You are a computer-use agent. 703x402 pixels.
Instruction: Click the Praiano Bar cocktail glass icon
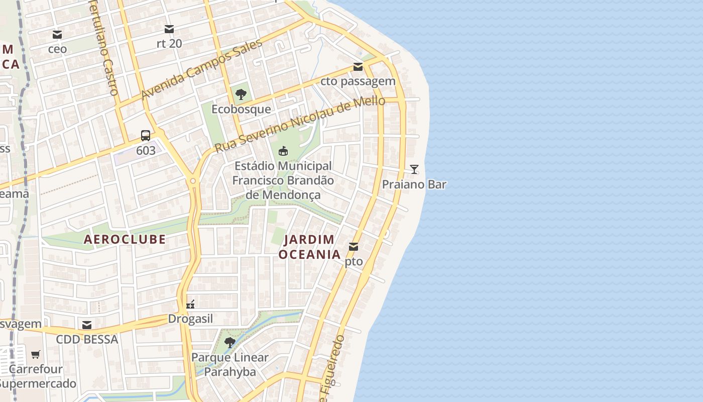[414, 169]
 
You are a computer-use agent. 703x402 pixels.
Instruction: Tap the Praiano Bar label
[414, 184]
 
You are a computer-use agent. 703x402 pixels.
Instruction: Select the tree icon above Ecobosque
[241, 94]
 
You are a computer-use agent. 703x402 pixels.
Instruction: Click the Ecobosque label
[241, 109]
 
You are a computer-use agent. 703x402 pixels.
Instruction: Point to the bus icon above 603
[146, 135]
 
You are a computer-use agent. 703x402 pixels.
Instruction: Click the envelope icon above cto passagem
[358, 66]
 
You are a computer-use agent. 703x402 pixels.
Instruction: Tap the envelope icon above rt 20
[169, 29]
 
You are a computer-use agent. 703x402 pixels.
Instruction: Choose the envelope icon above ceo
[57, 35]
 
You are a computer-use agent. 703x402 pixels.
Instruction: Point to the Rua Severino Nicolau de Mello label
[300, 125]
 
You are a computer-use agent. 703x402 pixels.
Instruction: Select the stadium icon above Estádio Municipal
[283, 151]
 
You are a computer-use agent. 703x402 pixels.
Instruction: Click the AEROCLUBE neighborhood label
[125, 239]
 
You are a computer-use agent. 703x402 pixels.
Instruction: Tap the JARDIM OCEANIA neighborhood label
[309, 247]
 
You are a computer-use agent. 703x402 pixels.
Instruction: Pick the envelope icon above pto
[354, 247]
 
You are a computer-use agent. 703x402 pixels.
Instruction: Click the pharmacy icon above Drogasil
[190, 304]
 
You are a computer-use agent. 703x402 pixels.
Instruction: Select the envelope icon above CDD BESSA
[87, 325]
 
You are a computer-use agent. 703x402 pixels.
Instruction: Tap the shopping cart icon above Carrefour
[36, 354]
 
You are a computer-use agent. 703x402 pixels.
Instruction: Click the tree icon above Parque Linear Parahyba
[230, 343]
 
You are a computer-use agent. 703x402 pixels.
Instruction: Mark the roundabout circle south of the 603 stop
[193, 180]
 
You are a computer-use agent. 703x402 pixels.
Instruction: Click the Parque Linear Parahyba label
[230, 365]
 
